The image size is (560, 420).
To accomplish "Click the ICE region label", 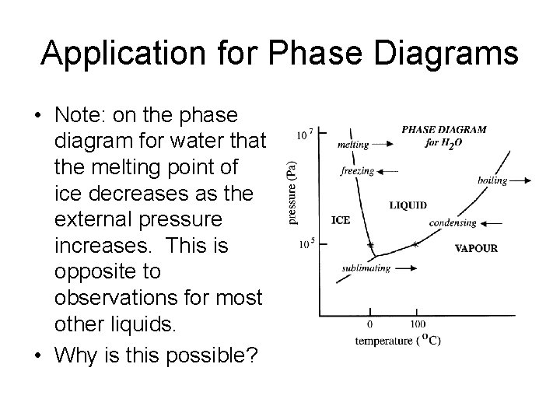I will coord(341,220).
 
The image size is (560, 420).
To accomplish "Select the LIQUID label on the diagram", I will coord(408,205).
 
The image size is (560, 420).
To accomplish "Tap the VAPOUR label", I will coord(475,249).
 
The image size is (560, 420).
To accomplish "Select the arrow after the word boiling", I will coord(521,180).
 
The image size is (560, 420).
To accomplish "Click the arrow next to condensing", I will coord(490,223).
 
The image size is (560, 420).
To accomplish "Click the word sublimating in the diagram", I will coord(365,269).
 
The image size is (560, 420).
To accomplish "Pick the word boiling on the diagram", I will coord(492,180).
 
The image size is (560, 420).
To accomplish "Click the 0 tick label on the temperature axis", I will coord(369,324).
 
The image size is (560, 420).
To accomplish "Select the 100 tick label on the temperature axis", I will coord(417,324).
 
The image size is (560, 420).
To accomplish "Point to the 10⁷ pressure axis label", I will coord(305,135).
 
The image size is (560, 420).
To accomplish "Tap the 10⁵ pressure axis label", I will coord(305,244).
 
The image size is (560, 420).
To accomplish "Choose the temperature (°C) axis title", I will coord(397,341).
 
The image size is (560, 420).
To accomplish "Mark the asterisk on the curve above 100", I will coord(415,245).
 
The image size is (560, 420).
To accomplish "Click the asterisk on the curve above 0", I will coord(371,246).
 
